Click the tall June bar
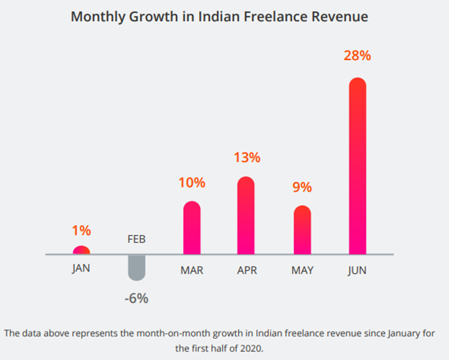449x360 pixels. click(357, 166)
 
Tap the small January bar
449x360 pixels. click(81, 250)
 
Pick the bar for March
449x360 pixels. click(192, 228)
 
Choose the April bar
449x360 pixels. click(246, 215)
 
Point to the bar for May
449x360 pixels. click(302, 230)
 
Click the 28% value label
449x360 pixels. click(357, 56)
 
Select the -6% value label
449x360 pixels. click(136, 298)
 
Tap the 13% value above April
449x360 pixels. click(246, 158)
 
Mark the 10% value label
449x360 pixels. click(191, 183)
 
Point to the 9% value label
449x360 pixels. click(302, 187)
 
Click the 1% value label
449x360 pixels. click(82, 230)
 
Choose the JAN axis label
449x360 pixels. click(81, 268)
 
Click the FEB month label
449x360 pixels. click(136, 240)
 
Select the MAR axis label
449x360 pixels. click(191, 270)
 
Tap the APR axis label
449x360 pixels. click(246, 270)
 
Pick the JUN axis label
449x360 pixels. click(357, 270)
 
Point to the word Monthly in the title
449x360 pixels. click(99, 17)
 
